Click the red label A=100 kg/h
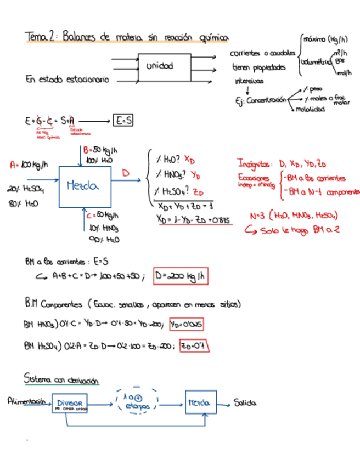29,165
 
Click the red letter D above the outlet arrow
126,173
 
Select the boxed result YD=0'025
187,324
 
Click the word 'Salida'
245,404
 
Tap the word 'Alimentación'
25,401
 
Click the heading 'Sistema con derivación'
61,379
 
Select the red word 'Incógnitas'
254,164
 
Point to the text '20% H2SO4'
26,190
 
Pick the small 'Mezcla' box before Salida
200,404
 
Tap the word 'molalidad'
310,109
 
